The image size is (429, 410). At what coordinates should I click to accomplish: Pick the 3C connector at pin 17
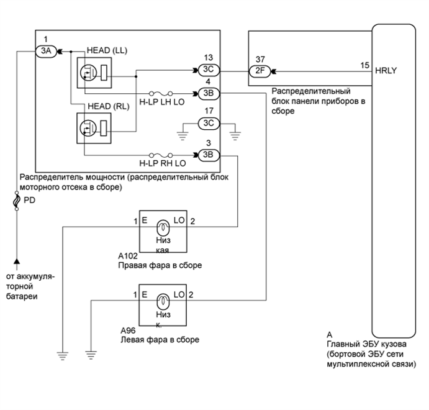pyautogui.click(x=208, y=123)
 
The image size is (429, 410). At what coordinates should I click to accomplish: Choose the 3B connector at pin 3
pyautogui.click(x=208, y=155)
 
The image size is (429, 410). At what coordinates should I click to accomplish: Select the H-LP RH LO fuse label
pyautogui.click(x=163, y=164)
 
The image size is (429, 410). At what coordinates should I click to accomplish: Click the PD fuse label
pyautogui.click(x=29, y=201)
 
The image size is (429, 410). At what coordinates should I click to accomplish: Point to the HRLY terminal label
pyautogui.click(x=386, y=71)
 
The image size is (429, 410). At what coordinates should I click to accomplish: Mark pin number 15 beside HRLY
pyautogui.click(x=364, y=64)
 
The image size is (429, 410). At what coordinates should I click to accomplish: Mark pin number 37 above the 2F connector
pyautogui.click(x=259, y=58)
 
